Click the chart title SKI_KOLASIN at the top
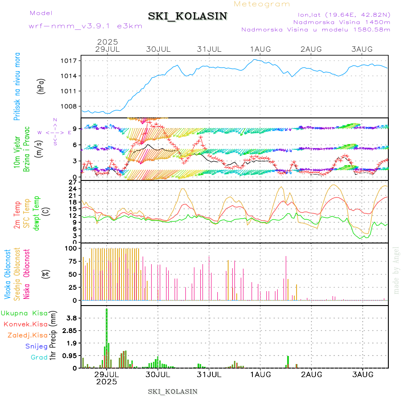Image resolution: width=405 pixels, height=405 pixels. [188, 16]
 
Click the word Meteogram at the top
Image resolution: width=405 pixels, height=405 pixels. [262, 4]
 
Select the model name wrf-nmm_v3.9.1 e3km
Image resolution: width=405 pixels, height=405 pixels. [85, 26]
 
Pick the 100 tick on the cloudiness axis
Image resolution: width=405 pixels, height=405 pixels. [72, 248]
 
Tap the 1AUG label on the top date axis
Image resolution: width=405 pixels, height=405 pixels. [261, 49]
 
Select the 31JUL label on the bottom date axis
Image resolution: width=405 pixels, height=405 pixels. [209, 374]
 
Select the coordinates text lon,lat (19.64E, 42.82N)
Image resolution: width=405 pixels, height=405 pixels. [341, 14]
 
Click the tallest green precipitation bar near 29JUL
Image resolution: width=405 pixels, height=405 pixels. [107, 337]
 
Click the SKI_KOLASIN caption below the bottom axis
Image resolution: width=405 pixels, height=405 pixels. [173, 391]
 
